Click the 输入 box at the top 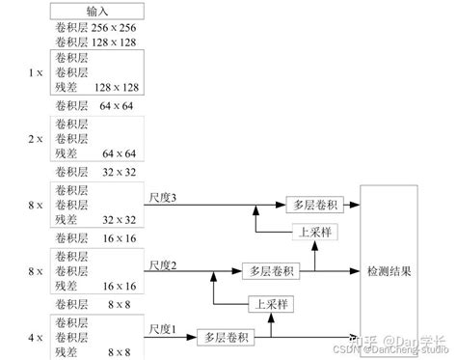click(98, 12)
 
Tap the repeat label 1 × click(35, 71)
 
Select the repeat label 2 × click(35, 138)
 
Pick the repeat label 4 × click(35, 338)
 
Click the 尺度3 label click(164, 199)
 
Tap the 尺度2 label click(164, 265)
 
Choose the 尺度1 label click(164, 330)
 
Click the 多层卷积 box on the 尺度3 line click(311, 205)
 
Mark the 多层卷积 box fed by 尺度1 click(226, 338)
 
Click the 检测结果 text click(390, 272)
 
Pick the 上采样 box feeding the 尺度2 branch click(269, 304)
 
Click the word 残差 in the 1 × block click(67, 86)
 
